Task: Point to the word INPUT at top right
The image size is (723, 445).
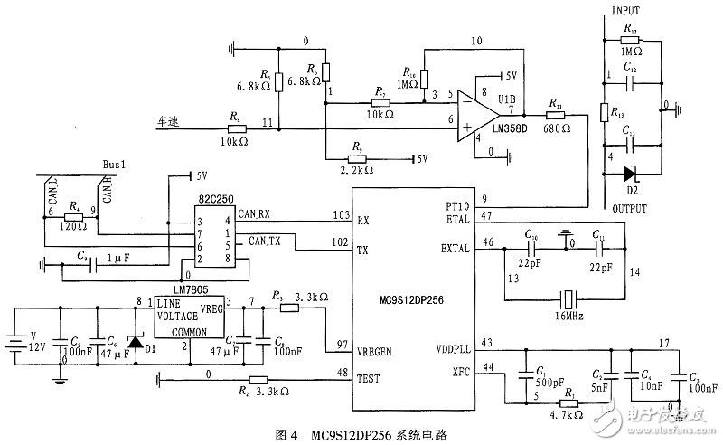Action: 626,12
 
